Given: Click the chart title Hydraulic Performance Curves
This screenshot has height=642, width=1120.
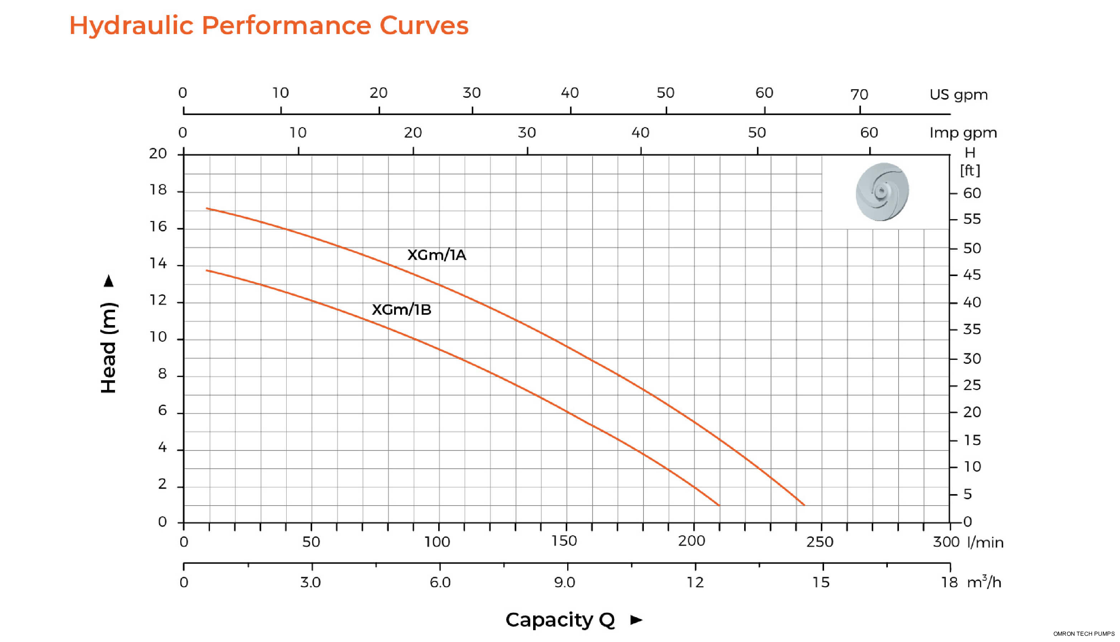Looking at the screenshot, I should pos(269,25).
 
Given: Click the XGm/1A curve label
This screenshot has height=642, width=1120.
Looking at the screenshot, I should pos(436,255).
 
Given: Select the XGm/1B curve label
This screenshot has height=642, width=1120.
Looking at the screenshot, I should pos(401,309).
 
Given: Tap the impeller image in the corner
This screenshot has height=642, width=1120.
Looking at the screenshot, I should pos(882,192).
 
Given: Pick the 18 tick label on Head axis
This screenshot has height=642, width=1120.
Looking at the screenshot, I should pos(158,190).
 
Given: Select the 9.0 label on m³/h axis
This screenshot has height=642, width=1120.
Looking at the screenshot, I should pos(564,583).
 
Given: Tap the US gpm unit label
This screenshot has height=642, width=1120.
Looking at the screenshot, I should pos(958,95).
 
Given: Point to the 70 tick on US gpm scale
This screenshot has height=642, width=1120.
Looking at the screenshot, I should pos(859,95).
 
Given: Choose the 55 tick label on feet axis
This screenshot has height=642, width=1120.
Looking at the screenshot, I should pos(972,219).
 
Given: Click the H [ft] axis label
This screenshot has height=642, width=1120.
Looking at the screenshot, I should pos(970,161).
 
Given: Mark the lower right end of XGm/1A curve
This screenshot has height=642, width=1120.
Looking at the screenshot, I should pos(804,505).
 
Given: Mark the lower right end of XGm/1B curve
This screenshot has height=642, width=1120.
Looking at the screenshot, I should pos(719,505).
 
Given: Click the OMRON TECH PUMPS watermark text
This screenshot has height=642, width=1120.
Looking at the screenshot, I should pos(1083,634).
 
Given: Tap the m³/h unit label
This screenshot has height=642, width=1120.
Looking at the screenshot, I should pos(984,583).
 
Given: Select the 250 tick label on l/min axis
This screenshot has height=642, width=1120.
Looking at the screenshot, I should pos(820,542).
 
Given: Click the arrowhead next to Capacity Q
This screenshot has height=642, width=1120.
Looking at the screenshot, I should pos(636,619).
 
